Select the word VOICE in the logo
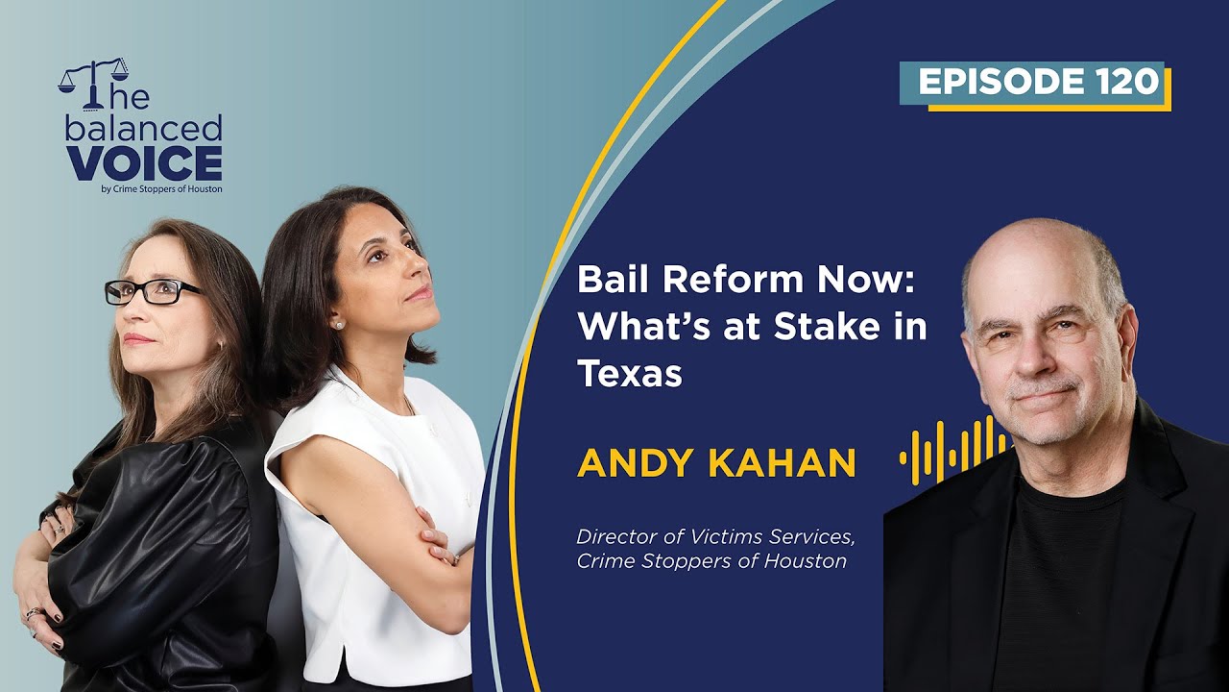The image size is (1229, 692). (x=144, y=163)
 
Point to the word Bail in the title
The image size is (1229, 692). (x=613, y=281)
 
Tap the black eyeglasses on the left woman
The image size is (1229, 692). (x=154, y=291)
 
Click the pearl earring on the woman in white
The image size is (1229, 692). (x=338, y=325)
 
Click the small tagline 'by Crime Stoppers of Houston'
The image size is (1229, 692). (x=161, y=189)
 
